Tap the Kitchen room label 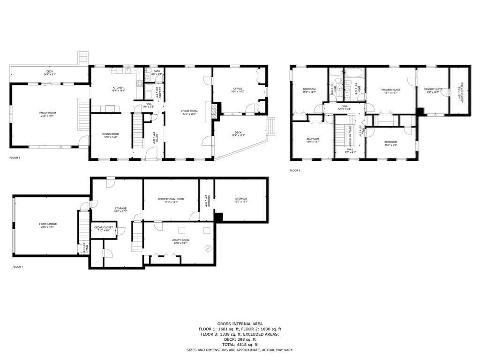coord(118,88)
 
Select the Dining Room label coord(111,134)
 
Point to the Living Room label coord(189,111)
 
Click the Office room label coord(238,89)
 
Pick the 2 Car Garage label coord(48,224)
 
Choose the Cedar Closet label coord(103,228)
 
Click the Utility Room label coord(180,240)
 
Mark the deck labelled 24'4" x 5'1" coord(50,72)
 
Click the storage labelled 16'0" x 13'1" coord(241,199)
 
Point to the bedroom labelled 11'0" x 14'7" coord(309,89)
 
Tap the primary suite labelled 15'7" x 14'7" coord(390,89)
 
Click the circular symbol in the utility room coord(208,248)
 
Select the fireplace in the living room coord(214,111)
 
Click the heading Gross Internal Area coord(240,324)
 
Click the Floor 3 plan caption coord(294,171)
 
